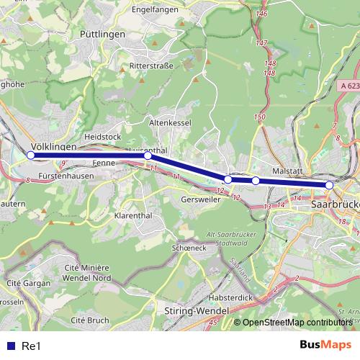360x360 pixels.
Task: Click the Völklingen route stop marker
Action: (31, 155)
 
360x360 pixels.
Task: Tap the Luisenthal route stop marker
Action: (148, 155)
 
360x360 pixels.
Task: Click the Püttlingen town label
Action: (103, 34)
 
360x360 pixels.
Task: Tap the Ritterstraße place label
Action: (152, 66)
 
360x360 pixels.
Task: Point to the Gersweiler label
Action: (201, 199)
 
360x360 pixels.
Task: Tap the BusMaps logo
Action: (325, 345)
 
